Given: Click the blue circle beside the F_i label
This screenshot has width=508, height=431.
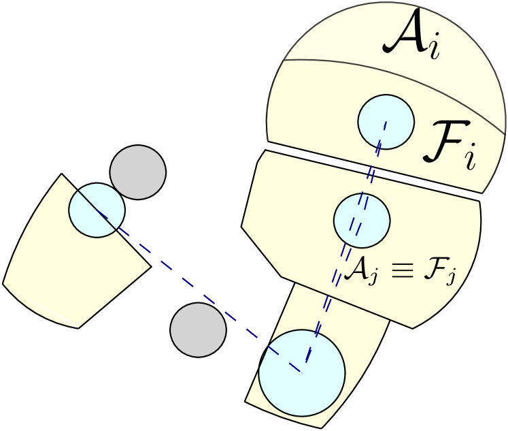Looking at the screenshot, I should tap(386, 122).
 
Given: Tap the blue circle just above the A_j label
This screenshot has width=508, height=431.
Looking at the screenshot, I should tap(362, 221).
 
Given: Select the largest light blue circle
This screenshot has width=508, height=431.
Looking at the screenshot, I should tap(302, 373).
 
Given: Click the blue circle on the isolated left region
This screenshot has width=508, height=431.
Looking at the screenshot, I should tap(97, 210).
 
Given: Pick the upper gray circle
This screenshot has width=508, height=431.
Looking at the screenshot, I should tap(138, 172).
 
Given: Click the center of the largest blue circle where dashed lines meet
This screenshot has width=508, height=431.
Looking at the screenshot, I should tap(304, 372).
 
